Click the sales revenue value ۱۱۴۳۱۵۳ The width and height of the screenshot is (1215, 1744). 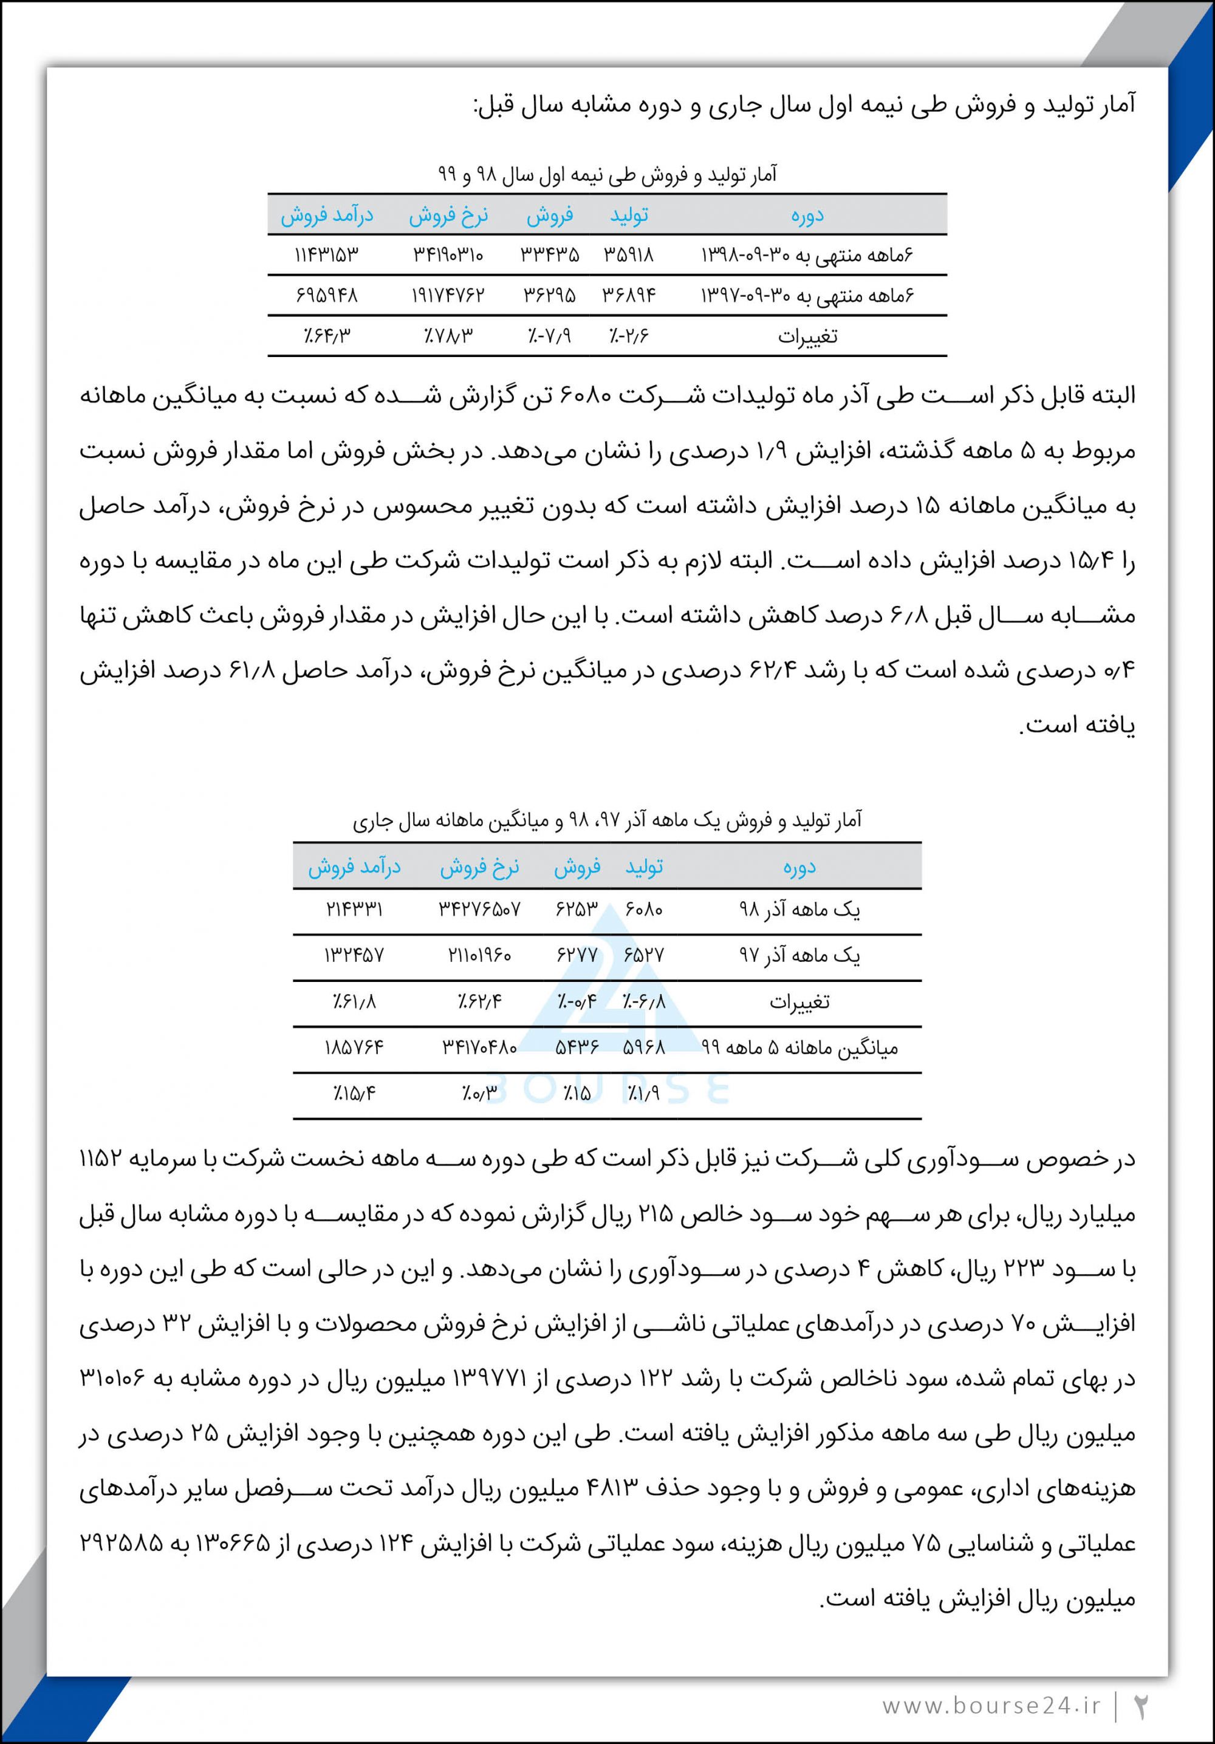tap(326, 255)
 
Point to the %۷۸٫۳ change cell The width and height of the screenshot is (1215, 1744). tap(448, 335)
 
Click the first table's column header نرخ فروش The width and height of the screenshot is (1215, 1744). tap(448, 216)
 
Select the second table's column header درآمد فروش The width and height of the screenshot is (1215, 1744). tap(354, 867)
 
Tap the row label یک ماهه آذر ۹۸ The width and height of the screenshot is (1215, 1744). tap(799, 909)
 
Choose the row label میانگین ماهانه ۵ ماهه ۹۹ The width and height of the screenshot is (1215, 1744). tap(799, 1048)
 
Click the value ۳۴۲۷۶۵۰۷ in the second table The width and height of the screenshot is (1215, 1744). tap(479, 909)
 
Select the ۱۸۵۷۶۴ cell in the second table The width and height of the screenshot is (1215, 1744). tap(354, 1048)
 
